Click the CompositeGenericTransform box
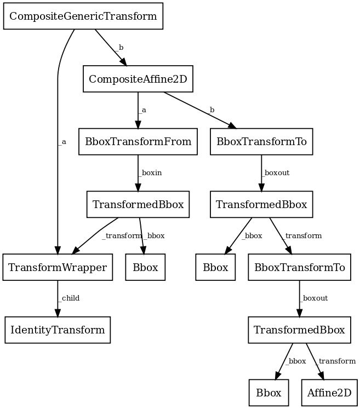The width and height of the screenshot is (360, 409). [x=84, y=16]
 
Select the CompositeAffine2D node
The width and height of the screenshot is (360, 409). [x=138, y=79]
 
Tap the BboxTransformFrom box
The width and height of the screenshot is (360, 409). [x=138, y=142]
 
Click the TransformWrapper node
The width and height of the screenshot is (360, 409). [x=58, y=267]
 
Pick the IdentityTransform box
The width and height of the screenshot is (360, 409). [x=58, y=330]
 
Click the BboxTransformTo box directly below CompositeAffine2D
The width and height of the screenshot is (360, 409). [x=262, y=142]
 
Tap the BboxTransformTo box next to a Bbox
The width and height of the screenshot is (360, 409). [x=300, y=267]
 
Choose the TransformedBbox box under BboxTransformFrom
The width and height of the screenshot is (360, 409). [x=138, y=205]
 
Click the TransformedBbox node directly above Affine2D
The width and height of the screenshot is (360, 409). [x=300, y=330]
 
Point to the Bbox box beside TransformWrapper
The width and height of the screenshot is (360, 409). [x=145, y=267]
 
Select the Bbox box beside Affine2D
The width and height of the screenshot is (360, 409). [x=269, y=393]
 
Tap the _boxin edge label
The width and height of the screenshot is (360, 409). [x=151, y=172]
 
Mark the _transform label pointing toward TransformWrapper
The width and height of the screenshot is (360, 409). [x=122, y=236]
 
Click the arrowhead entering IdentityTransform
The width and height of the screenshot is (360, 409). [x=58, y=313]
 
